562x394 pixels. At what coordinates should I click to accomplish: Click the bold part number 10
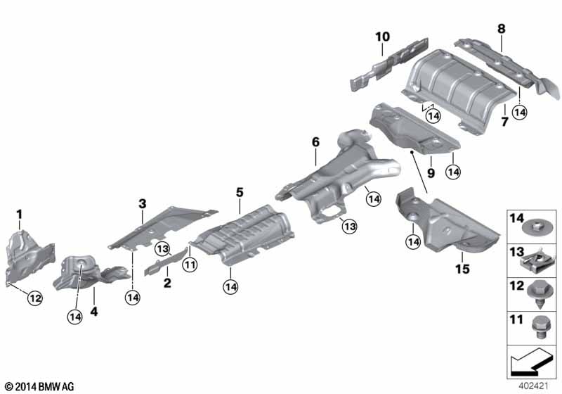(x=382, y=37)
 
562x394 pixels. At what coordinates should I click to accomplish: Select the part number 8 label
(x=502, y=28)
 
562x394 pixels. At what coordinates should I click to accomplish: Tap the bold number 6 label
(x=315, y=142)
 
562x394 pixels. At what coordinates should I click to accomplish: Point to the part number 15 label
(x=462, y=269)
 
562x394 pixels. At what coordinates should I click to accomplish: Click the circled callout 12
(x=35, y=298)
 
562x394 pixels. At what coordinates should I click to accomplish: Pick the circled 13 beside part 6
(x=349, y=227)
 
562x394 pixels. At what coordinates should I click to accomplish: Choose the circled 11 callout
(x=190, y=265)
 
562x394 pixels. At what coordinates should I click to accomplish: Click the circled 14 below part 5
(x=230, y=287)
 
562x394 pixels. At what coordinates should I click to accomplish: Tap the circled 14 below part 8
(x=520, y=113)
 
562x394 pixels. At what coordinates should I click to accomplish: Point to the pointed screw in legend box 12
(x=538, y=295)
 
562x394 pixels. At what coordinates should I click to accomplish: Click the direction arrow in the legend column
(x=531, y=360)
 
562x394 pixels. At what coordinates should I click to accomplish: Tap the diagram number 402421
(x=533, y=386)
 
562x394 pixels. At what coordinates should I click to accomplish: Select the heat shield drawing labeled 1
(x=30, y=257)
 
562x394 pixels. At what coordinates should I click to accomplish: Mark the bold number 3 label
(x=143, y=204)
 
